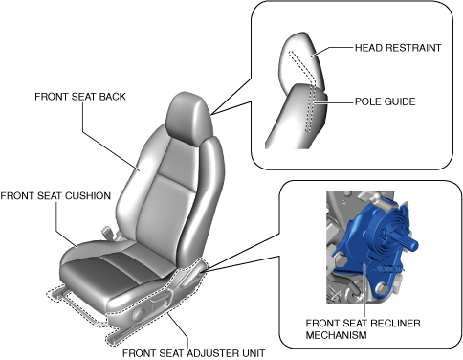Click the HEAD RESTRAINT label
pos(398,48)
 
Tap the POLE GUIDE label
pos(386,101)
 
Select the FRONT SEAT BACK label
pos(80,97)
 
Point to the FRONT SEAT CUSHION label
pos(55,195)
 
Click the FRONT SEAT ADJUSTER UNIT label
pos(194,353)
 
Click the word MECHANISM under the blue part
pos(336,335)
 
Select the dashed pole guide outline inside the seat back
pos(310,108)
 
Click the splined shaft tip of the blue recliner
pos(412,245)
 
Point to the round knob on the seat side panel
pos(138,313)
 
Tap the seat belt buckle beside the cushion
pos(107,232)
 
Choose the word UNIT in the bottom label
pos(253,353)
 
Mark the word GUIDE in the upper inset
pos(400,101)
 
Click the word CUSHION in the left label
pos(89,195)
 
